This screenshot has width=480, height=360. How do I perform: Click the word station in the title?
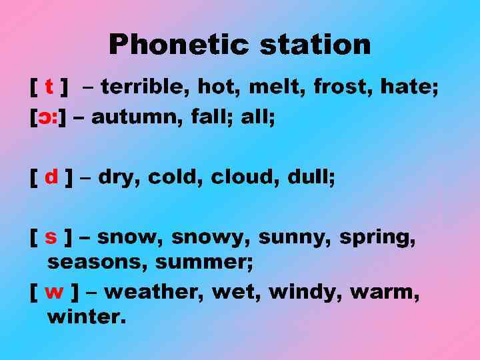315,45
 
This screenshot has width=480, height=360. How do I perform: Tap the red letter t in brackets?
49,86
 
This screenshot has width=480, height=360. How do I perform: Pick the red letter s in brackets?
51,237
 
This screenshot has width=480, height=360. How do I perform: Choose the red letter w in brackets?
53,291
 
